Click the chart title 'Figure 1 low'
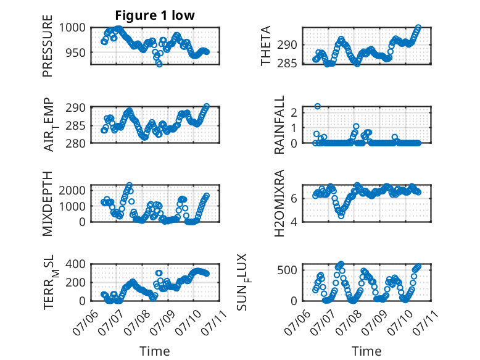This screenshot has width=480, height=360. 155,15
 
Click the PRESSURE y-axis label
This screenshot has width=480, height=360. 48,46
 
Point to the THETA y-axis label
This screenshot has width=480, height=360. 266,46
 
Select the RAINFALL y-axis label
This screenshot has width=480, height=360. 279,125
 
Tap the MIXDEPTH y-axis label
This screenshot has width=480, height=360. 48,203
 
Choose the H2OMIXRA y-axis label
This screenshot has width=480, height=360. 279,203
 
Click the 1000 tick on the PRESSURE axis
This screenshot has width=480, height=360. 72,28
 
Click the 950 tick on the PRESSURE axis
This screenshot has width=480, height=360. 76,52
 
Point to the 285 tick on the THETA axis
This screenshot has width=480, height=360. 287,64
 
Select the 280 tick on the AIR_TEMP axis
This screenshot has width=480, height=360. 76,143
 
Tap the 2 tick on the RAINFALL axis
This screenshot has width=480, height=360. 294,112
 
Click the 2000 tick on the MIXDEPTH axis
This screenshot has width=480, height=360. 72,190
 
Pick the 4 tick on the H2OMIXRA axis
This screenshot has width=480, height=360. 294,222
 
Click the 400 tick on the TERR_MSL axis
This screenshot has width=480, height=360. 76,264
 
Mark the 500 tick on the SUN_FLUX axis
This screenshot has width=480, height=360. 287,270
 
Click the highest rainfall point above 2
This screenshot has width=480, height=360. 318,106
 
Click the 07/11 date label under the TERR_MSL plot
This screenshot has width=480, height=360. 214,322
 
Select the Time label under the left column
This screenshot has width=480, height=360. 155,351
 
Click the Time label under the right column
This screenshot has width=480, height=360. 366,351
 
